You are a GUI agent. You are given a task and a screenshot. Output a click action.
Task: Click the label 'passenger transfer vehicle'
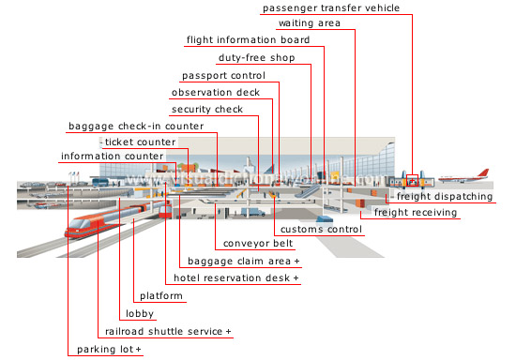pos(331,7)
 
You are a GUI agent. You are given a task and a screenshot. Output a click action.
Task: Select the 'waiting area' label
pos(309,23)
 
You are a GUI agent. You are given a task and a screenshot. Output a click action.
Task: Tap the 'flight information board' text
pos(248,40)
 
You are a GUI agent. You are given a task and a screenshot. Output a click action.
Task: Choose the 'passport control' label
pos(222,75)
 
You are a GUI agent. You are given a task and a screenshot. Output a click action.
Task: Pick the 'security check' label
pos(206,109)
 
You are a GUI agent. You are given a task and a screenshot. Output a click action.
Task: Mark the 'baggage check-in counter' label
pos(136,126)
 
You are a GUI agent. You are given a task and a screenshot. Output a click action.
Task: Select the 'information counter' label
pos(112,156)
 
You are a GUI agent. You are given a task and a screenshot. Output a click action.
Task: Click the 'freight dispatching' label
pos(444,197)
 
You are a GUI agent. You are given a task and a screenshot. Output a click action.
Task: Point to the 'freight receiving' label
pos(416,213)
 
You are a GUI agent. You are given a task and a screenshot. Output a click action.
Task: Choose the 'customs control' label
pos(319,229)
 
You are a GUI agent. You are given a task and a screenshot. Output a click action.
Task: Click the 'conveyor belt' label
pos(255,245)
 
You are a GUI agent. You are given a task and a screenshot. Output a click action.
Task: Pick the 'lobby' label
pos(140,314)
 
